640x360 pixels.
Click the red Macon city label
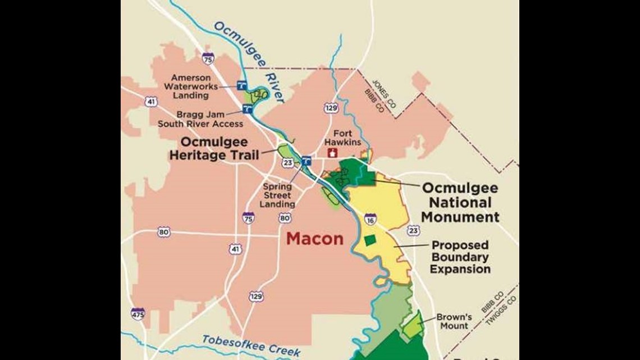point(314,239)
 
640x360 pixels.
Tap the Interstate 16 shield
point(371,219)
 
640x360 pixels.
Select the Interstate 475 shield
point(138,313)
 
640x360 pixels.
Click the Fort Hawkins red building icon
point(332,152)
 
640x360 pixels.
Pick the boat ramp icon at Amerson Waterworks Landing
point(241,86)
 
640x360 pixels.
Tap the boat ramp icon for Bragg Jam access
point(248,107)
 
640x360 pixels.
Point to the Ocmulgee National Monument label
point(460,202)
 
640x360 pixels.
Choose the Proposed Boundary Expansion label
point(460,257)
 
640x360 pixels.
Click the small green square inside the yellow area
point(369,240)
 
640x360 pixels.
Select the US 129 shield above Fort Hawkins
point(331,107)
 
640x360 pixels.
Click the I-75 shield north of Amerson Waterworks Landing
point(208,58)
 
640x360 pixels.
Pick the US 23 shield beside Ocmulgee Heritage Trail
point(288,162)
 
